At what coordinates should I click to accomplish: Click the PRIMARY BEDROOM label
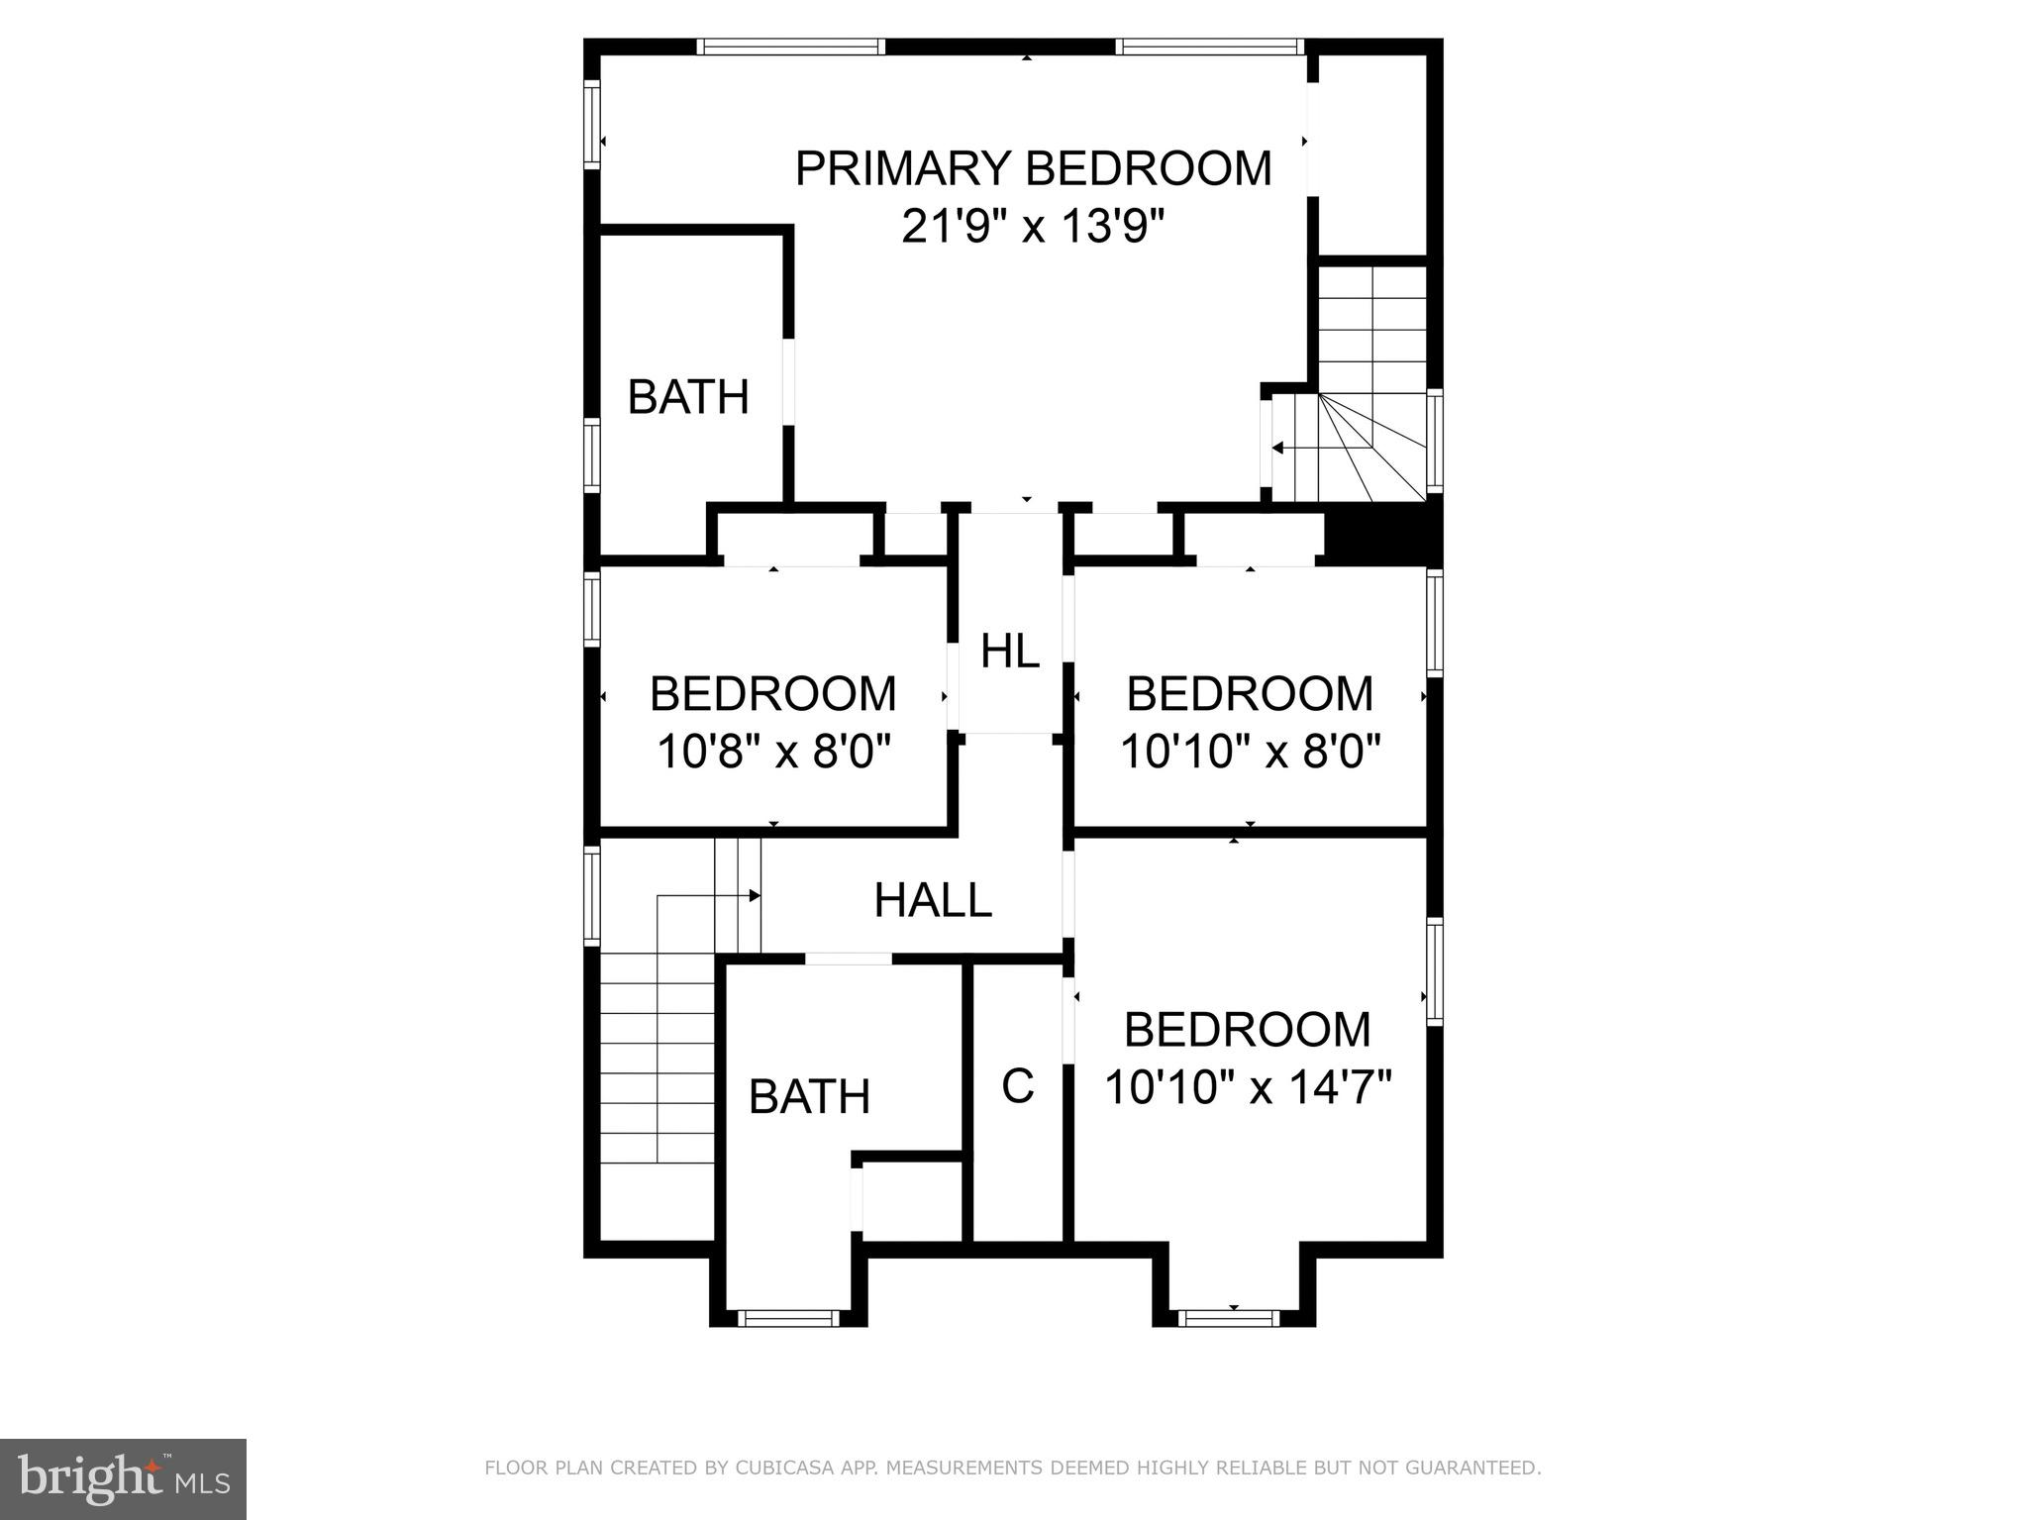point(1033,168)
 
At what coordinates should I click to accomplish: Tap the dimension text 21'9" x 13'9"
point(1030,228)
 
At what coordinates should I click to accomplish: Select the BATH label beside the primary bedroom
point(688,397)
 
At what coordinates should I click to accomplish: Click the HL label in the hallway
point(1010,652)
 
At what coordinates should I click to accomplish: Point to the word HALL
point(933,900)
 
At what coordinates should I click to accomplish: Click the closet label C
point(1018,1085)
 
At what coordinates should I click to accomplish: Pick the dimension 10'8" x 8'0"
point(773,752)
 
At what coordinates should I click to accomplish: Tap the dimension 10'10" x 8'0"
point(1250,752)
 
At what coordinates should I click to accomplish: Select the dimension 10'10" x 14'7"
point(1248,1087)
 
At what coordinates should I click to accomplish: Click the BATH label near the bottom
point(809,1096)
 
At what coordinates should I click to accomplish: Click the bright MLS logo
point(123,1478)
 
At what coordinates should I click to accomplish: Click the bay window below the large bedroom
point(1234,1317)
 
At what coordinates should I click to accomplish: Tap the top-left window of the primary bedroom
point(790,47)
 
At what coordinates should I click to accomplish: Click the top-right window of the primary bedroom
point(1208,47)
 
